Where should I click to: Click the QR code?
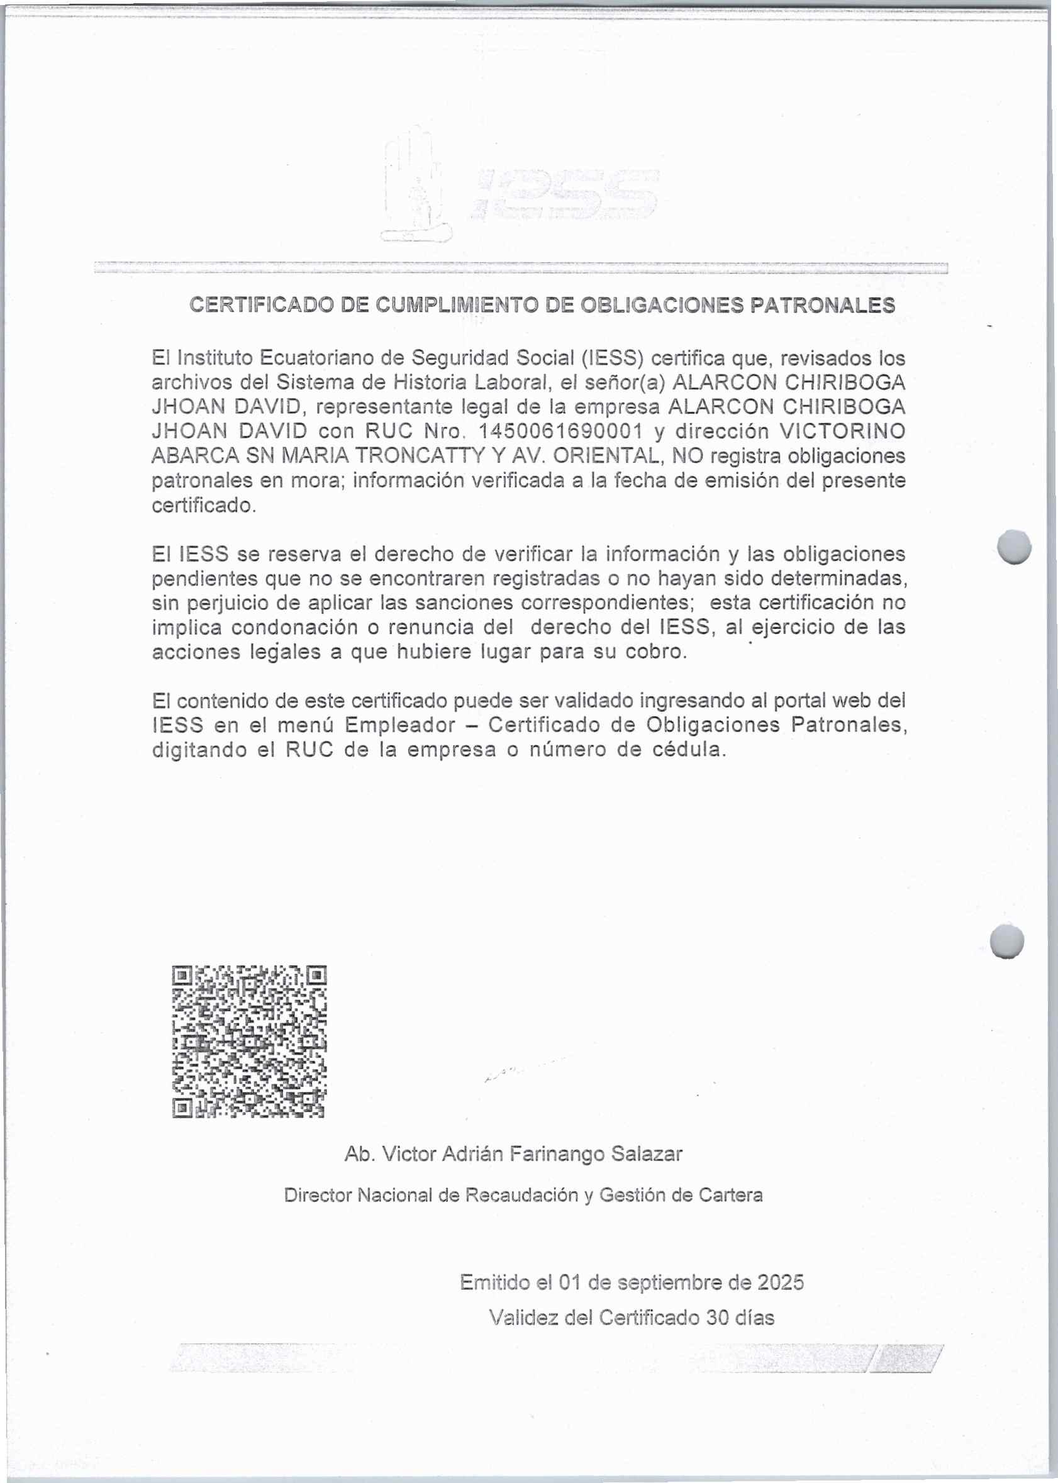[x=250, y=1041]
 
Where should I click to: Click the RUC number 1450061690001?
[x=560, y=431]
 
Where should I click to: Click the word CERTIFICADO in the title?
[x=260, y=306]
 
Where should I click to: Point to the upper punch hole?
[x=1015, y=545]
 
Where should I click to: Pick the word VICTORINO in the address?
[x=842, y=431]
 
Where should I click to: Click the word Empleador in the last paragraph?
[x=400, y=725]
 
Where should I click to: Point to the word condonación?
[x=304, y=627]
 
